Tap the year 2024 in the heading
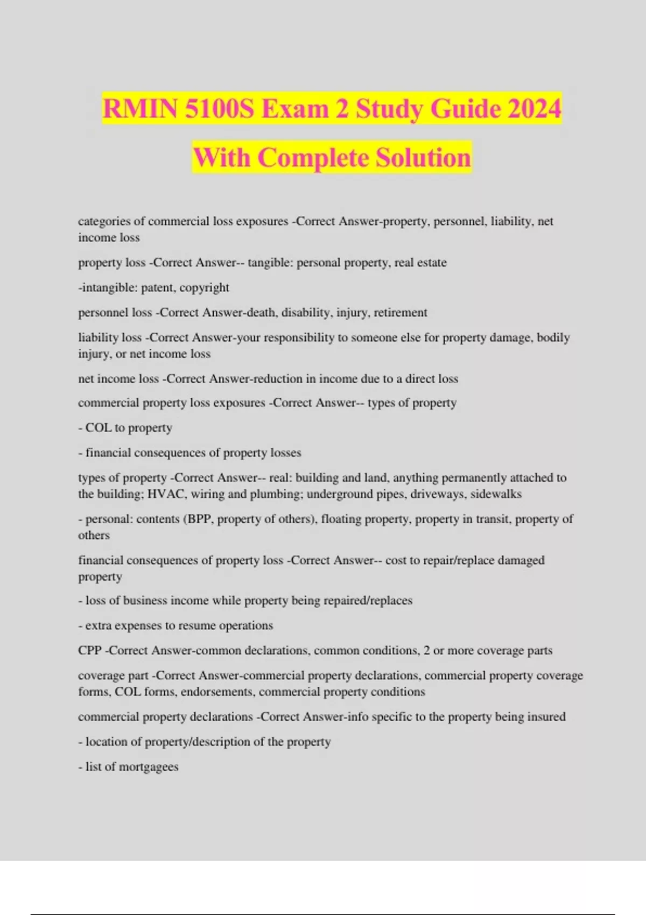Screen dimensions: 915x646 (535, 109)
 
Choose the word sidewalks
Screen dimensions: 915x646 (496, 494)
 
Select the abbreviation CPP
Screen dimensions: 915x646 (90, 650)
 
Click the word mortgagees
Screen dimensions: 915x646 (149, 767)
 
